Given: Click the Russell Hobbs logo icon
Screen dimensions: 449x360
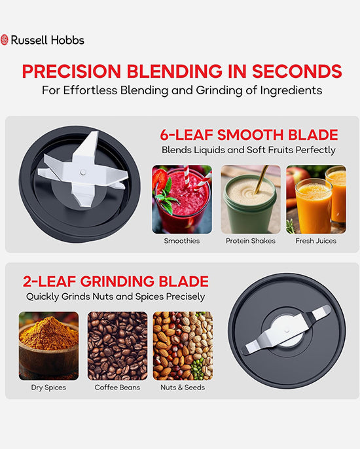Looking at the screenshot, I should pyautogui.click(x=5, y=40).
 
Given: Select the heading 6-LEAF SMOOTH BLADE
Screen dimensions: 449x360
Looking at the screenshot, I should pyautogui.click(x=249, y=135).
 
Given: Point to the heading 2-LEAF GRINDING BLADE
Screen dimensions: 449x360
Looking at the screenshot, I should pyautogui.click(x=115, y=282).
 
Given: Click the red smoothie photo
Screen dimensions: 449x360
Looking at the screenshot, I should pyautogui.click(x=182, y=199).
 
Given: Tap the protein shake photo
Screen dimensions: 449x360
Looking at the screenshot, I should pyautogui.click(x=251, y=199).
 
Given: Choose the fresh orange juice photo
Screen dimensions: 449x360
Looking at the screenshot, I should pyautogui.click(x=316, y=199).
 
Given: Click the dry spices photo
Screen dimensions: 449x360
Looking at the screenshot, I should pyautogui.click(x=48, y=346).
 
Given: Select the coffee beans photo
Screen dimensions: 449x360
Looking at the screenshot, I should pyautogui.click(x=117, y=346).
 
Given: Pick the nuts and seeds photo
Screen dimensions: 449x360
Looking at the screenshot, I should pyautogui.click(x=183, y=346).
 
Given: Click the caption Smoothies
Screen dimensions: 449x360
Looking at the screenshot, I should pyautogui.click(x=182, y=241).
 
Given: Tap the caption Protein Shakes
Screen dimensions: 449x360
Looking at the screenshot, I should pyautogui.click(x=251, y=241).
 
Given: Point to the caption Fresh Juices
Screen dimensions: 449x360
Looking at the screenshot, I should pyautogui.click(x=316, y=241).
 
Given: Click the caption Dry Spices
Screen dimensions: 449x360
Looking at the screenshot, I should pyautogui.click(x=48, y=387).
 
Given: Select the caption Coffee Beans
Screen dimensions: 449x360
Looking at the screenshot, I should pyautogui.click(x=117, y=387).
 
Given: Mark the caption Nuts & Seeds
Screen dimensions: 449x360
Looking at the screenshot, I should pyautogui.click(x=183, y=387).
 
